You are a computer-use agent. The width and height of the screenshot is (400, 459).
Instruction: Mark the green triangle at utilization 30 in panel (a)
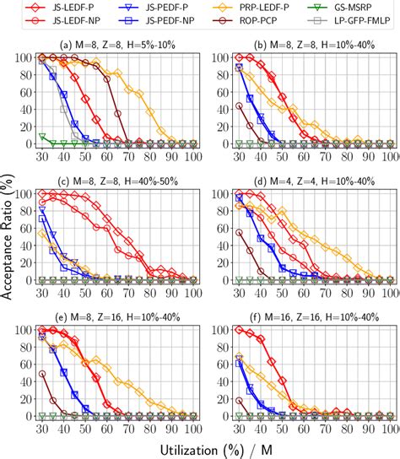click(x=42, y=136)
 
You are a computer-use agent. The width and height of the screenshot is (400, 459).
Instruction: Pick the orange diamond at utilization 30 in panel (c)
click(x=42, y=233)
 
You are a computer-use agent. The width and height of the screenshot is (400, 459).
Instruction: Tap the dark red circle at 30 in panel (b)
click(x=240, y=105)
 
